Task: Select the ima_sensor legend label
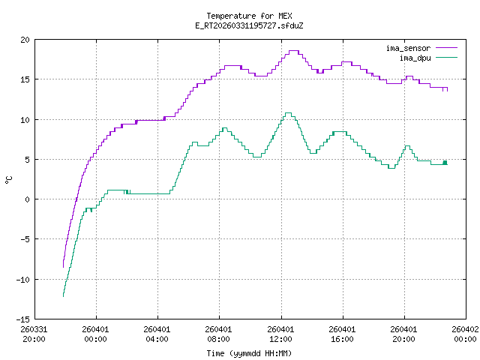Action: click(408, 48)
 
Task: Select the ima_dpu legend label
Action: click(413, 57)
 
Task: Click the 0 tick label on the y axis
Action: click(28, 199)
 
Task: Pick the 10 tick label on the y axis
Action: click(25, 120)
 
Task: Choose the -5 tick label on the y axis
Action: click(25, 239)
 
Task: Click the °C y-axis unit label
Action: click(8, 179)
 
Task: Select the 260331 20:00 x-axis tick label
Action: click(34, 333)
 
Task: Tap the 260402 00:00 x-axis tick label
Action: click(466, 333)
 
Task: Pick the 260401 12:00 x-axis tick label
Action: click(280, 333)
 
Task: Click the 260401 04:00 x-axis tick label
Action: click(157, 333)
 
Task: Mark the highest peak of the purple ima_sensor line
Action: click(293, 51)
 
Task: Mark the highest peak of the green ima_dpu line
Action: click(288, 113)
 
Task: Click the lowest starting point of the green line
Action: click(63, 296)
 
